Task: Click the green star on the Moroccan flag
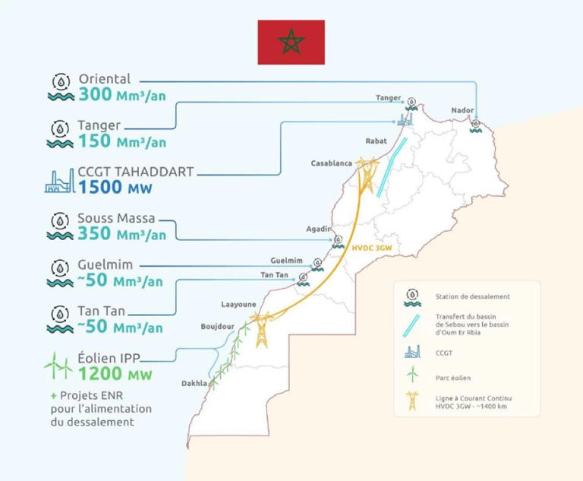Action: tap(291, 42)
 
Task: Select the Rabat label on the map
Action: tap(376, 141)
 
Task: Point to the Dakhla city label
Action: tap(194, 384)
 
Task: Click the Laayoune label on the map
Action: tap(238, 304)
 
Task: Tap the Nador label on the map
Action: tap(462, 109)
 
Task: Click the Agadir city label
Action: tap(319, 229)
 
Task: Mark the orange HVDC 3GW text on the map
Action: tap(372, 248)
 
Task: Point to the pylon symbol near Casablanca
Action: tap(367, 176)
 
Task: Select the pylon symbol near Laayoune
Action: tap(262, 330)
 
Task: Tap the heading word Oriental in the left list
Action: tap(105, 79)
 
